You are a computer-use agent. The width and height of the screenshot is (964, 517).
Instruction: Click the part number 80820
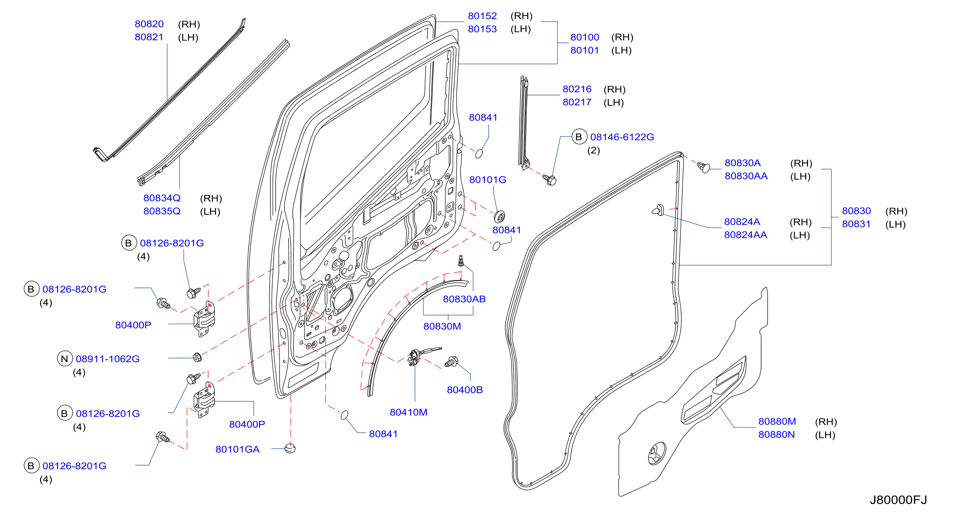[149, 24]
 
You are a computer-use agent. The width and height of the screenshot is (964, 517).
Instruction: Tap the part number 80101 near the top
[585, 50]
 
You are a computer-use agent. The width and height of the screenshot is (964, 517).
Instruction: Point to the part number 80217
[577, 102]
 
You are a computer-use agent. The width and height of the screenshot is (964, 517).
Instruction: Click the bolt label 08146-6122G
[622, 137]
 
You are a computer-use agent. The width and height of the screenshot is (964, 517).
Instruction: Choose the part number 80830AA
[746, 176]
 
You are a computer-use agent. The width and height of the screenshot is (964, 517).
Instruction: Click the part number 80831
[856, 224]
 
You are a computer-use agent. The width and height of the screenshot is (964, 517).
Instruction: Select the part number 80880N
[776, 434]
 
